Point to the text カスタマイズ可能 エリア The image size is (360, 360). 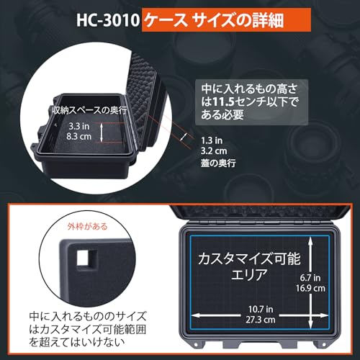coord(241,265)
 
